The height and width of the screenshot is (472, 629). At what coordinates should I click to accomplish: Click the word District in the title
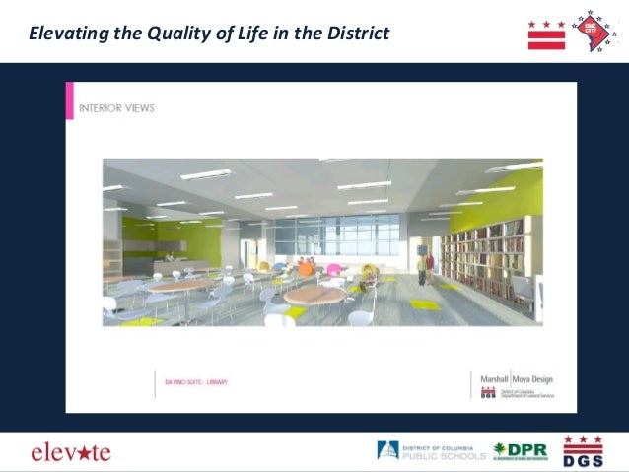[355, 34]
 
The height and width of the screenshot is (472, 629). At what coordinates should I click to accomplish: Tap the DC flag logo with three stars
[545, 34]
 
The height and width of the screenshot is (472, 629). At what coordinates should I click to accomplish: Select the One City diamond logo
[594, 30]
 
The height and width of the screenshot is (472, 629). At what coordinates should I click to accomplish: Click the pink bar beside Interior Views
[70, 101]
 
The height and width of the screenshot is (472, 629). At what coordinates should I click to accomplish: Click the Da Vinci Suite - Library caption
[194, 380]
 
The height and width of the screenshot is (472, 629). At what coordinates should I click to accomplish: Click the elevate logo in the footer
[71, 452]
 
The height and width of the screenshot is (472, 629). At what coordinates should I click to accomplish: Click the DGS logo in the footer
[583, 450]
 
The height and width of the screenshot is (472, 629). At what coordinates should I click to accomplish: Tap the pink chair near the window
[333, 269]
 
